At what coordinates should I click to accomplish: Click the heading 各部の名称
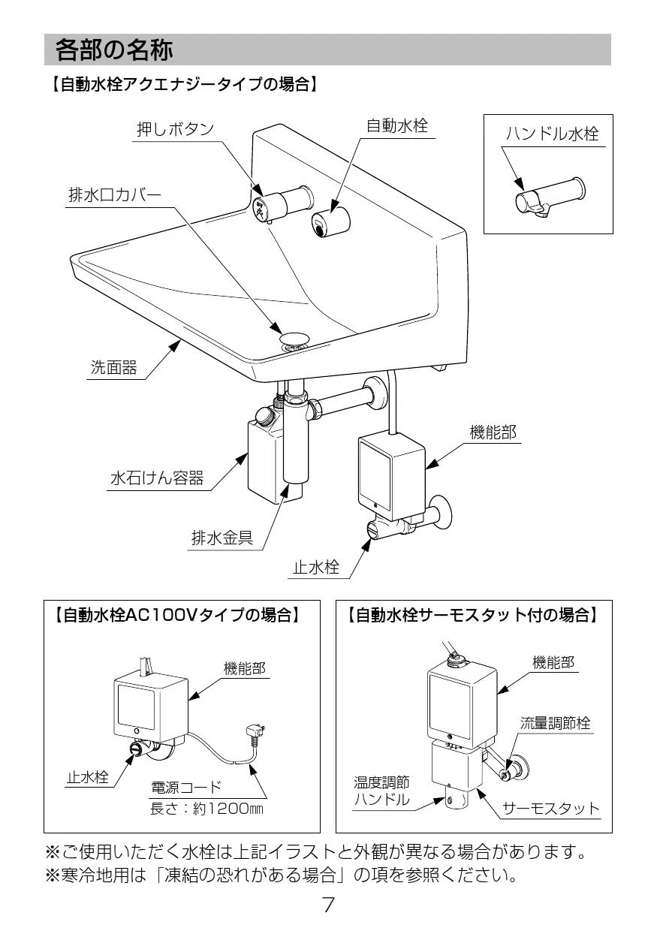tap(114, 50)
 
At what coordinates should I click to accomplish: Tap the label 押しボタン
tap(175, 129)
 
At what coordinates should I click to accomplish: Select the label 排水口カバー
tap(114, 195)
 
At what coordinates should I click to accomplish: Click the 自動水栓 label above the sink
tap(396, 125)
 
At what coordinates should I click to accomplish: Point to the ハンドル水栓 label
tap(552, 134)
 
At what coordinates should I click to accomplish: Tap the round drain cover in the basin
tap(295, 337)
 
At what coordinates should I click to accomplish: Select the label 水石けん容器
tap(156, 478)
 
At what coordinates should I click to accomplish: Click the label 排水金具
tap(222, 538)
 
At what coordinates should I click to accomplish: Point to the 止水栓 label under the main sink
tap(315, 568)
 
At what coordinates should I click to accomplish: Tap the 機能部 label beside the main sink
tap(493, 432)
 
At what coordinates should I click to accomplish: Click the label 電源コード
tap(186, 787)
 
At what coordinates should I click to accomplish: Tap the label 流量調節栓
tap(555, 722)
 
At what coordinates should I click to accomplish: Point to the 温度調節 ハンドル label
tap(381, 791)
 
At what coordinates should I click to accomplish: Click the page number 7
tap(328, 904)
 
